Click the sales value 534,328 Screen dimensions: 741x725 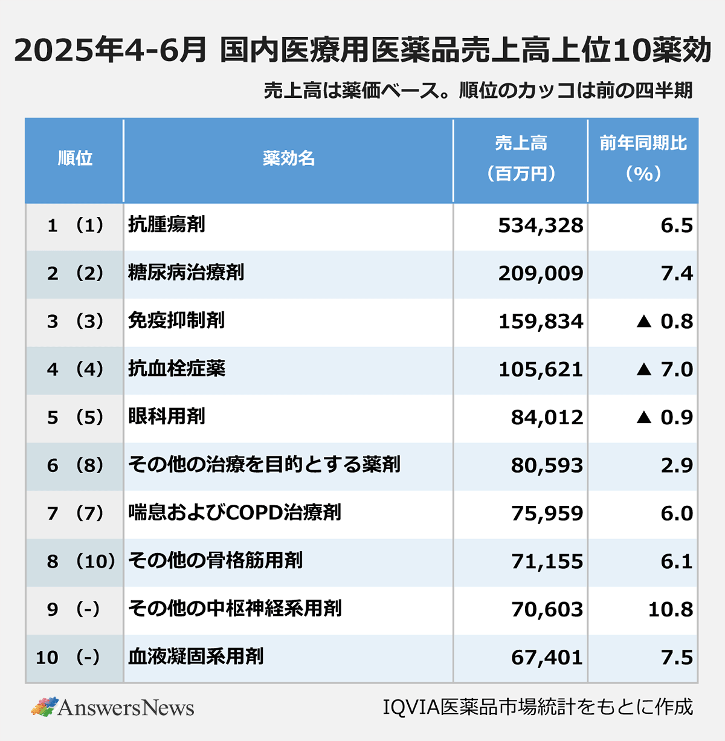click(541, 225)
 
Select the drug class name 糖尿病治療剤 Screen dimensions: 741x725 click(186, 273)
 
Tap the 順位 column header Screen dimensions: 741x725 click(75, 158)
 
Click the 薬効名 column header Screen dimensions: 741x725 click(288, 158)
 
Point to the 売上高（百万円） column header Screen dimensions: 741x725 click(521, 158)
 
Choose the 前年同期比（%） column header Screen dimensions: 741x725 click(643, 158)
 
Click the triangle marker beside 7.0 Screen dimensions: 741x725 click(644, 369)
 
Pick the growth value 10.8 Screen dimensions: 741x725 click(671, 609)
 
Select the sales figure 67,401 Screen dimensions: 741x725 click(547, 657)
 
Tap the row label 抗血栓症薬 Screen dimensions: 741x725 click(176, 368)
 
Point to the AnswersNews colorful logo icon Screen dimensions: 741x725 click(44, 707)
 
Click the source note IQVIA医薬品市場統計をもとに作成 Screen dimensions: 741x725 click(538, 707)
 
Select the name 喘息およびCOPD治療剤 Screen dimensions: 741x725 click(234, 513)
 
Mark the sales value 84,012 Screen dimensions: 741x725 click(547, 417)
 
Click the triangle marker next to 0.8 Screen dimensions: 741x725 click(644, 321)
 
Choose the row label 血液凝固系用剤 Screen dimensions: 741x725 click(196, 656)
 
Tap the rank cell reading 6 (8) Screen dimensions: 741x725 click(75, 465)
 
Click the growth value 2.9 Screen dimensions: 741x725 click(677, 465)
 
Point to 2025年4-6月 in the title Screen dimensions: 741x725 click(111, 50)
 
